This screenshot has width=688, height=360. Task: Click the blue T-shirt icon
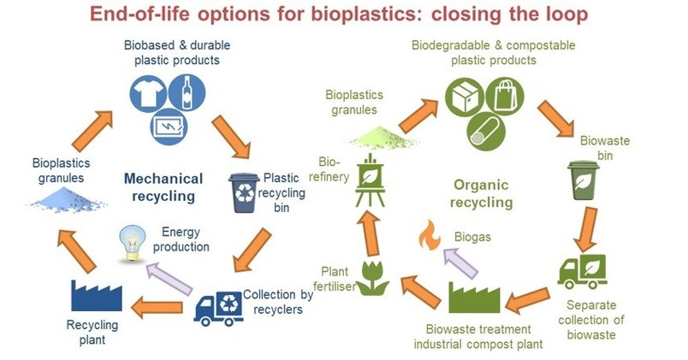[x=148, y=93]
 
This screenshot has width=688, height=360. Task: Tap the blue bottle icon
[x=187, y=92]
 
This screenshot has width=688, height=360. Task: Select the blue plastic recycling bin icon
[x=244, y=193]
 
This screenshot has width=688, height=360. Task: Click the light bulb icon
[x=133, y=244]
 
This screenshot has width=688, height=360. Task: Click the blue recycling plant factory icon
[x=97, y=296]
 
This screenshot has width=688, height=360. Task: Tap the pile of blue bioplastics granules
[x=66, y=199]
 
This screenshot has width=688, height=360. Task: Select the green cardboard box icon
[x=465, y=97]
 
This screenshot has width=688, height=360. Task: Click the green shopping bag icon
[x=505, y=97]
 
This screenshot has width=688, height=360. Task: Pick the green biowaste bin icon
[x=583, y=180]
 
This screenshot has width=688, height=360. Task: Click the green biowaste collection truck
[x=582, y=272]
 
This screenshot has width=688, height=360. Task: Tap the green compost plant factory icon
[x=474, y=298]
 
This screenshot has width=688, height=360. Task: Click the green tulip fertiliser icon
[x=372, y=278]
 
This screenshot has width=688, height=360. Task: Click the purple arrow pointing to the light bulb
[x=169, y=278]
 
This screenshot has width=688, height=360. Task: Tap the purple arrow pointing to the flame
[x=460, y=263]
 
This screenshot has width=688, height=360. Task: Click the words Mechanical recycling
[x=163, y=187]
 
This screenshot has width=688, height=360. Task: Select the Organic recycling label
[x=481, y=193]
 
